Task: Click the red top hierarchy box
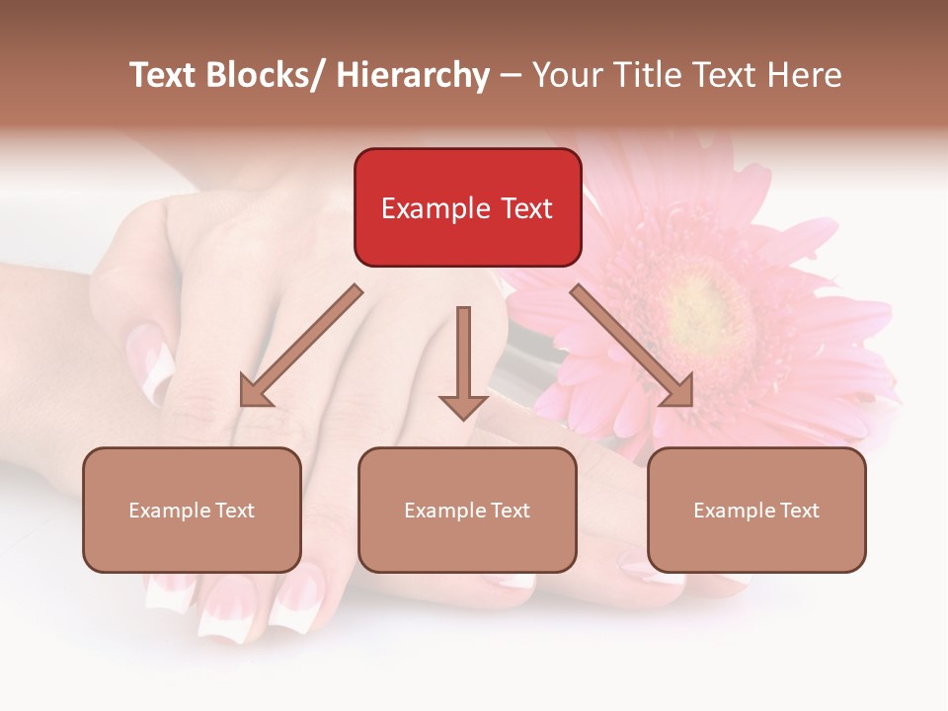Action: [x=467, y=207]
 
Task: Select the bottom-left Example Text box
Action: [x=192, y=510]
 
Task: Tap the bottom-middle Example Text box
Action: [x=467, y=510]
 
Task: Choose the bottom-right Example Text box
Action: [x=756, y=510]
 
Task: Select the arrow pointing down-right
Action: [x=632, y=346]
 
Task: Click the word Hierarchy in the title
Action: [x=413, y=75]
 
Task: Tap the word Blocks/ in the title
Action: [x=262, y=75]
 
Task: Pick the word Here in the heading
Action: [x=807, y=75]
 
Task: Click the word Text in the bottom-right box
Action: [x=798, y=511]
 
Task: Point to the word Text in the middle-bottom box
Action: [x=509, y=511]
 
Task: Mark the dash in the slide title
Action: [x=511, y=76]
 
